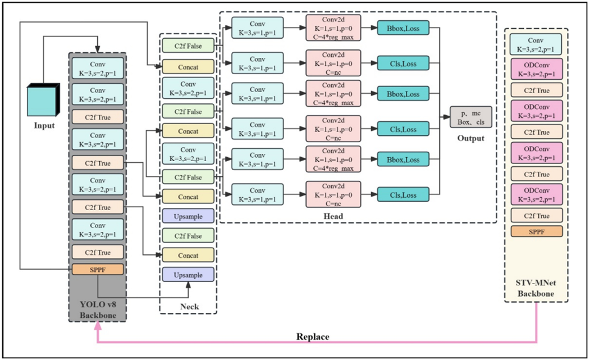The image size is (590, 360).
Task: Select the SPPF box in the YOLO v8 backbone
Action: (97, 269)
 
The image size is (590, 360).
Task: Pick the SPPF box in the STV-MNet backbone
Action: (536, 231)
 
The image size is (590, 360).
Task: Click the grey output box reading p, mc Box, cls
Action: (470, 117)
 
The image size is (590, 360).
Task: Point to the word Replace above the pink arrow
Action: (313, 336)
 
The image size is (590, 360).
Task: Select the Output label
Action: (470, 138)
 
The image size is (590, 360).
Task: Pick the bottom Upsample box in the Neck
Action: (187, 274)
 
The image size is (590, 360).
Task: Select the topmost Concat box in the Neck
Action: (187, 67)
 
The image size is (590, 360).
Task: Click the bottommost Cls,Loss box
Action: (403, 195)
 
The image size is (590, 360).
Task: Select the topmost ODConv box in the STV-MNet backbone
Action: (536, 70)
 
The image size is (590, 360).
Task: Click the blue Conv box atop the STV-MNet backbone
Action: (536, 44)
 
